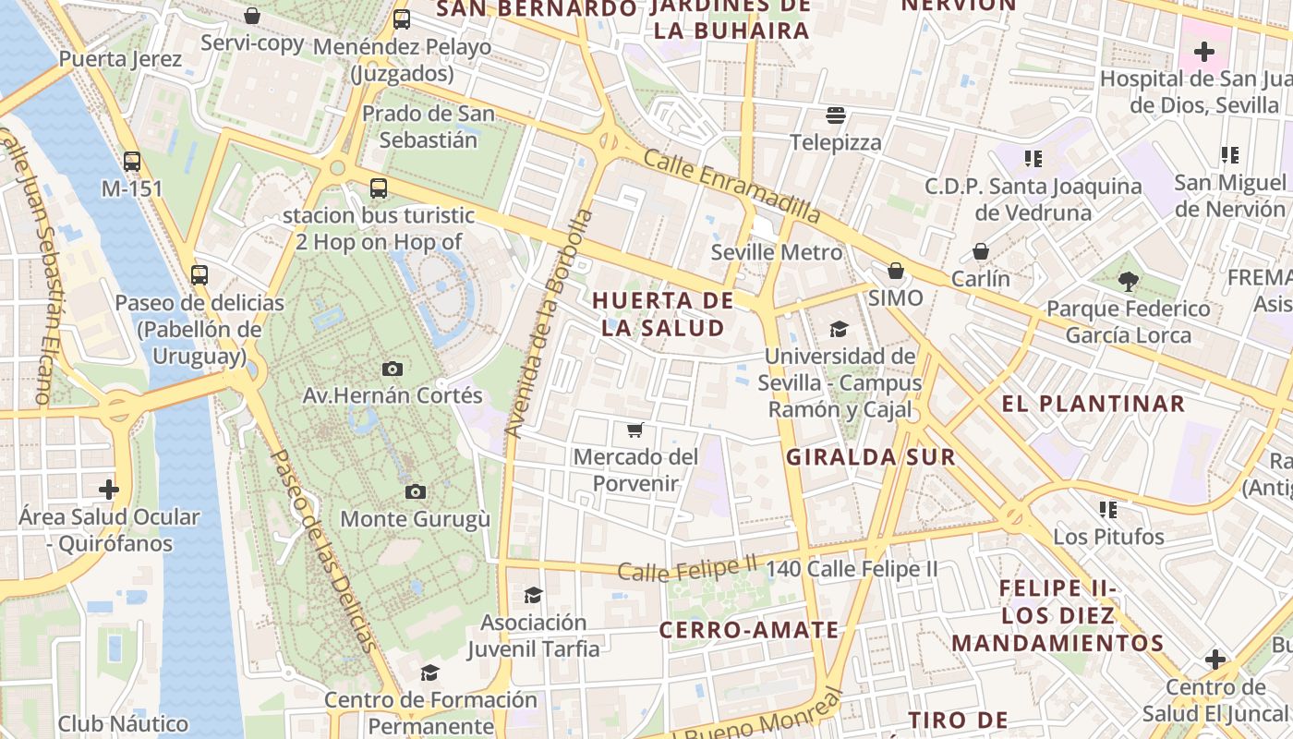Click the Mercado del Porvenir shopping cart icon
point(634,430)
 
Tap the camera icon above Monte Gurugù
point(416,492)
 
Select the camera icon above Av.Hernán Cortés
point(393,369)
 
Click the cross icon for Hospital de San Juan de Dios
point(1203,52)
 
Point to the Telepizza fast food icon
point(837,115)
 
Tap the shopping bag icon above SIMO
point(895,271)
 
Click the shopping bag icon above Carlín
point(981,251)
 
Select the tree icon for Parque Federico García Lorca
point(1127,282)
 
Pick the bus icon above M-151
point(132,162)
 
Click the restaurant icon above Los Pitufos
point(1108,509)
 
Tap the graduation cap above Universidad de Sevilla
point(839,329)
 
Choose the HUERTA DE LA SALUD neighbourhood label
point(663,314)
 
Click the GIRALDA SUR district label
point(870,456)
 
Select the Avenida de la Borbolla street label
point(549,323)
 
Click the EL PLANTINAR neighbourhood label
point(1093,404)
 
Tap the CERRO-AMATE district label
point(749,630)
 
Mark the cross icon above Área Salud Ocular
point(109,489)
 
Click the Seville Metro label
point(777,252)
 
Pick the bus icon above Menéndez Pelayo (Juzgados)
point(402,19)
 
